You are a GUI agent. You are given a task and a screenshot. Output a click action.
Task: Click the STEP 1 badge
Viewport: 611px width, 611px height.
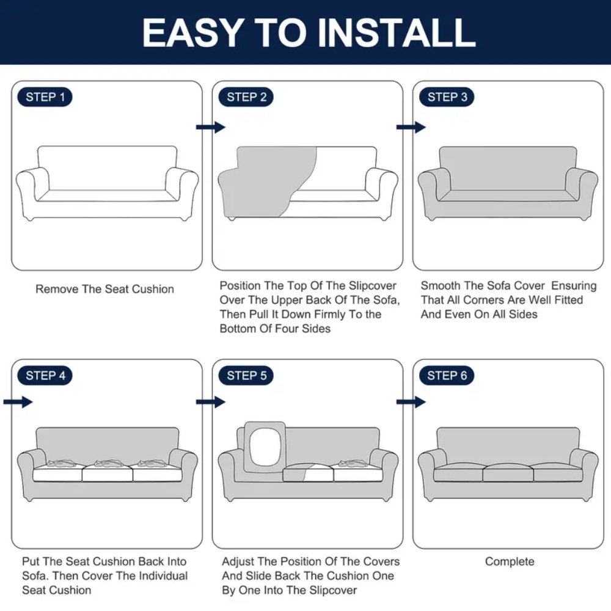45,97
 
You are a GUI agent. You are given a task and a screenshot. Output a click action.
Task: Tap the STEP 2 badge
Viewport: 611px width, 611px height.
246,97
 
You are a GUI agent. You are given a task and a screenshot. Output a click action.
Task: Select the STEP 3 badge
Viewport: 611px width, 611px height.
447,97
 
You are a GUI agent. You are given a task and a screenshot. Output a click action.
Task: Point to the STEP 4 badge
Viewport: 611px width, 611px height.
45,376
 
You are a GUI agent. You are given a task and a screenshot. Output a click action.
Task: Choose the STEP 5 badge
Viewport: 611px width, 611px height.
246,376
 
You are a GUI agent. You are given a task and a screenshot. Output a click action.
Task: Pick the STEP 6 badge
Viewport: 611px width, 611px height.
447,376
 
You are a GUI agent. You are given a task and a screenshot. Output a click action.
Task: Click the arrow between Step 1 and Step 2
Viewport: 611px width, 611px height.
211,127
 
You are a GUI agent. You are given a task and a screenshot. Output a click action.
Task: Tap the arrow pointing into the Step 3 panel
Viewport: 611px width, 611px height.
411,127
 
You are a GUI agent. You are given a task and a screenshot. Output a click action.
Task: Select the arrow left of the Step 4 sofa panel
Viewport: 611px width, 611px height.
18,402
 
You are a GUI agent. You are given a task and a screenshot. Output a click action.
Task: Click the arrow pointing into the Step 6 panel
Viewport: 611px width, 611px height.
411,402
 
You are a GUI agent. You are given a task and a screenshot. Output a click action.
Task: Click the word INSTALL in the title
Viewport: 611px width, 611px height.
397,33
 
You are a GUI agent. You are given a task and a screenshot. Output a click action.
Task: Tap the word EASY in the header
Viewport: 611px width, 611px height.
193,33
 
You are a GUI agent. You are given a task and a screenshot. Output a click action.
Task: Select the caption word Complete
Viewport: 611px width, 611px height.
510,562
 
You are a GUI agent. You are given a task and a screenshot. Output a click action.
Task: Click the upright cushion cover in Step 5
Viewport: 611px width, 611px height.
265,447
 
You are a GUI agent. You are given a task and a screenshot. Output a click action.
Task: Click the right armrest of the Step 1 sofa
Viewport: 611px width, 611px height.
181,187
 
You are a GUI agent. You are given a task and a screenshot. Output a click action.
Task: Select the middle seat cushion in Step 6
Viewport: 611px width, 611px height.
508,472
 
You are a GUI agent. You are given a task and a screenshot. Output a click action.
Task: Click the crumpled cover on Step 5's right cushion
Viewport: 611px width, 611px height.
353,463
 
